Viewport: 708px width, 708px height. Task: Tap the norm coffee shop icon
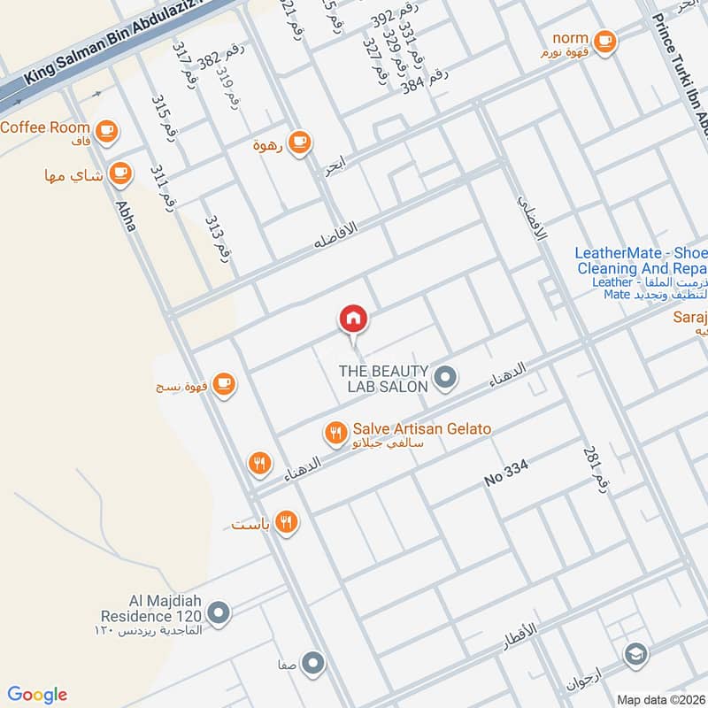pos(604,40)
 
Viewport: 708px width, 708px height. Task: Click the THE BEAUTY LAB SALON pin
pos(445,379)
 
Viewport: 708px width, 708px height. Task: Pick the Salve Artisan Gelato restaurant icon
pos(335,432)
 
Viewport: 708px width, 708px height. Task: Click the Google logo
pos(37,694)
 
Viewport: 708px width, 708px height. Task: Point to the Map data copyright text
pos(660,699)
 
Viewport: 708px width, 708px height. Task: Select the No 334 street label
pos(507,475)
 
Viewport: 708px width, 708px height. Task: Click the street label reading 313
pos(217,235)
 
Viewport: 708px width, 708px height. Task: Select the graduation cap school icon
pos(635,655)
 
